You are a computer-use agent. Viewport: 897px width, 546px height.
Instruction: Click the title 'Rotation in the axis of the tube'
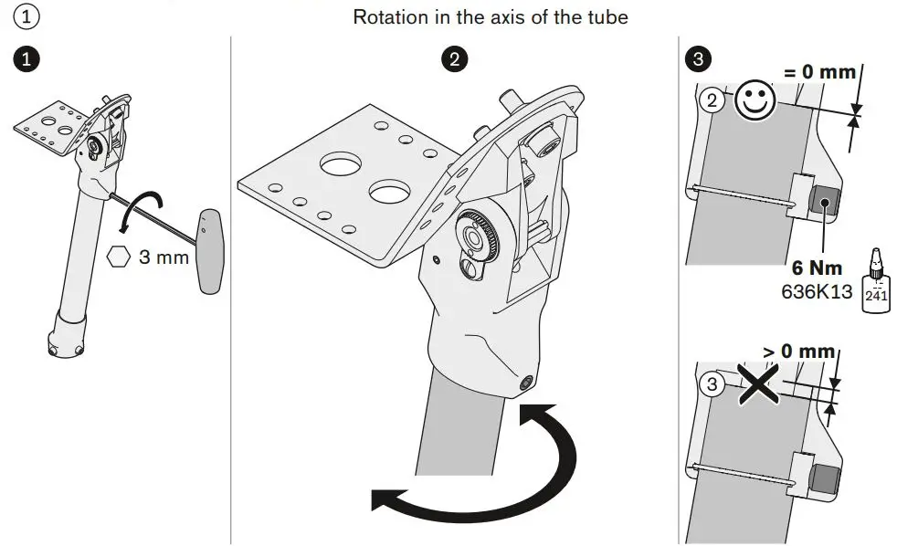[491, 17]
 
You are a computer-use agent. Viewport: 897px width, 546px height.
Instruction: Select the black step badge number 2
[453, 60]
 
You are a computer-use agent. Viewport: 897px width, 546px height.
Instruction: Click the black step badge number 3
[698, 60]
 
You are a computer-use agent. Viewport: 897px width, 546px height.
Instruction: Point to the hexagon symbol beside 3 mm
[117, 257]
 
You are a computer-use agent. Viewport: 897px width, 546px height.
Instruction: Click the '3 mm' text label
[164, 257]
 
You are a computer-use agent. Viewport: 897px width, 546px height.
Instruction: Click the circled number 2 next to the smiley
[712, 101]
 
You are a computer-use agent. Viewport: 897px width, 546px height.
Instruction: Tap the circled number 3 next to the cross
[712, 384]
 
